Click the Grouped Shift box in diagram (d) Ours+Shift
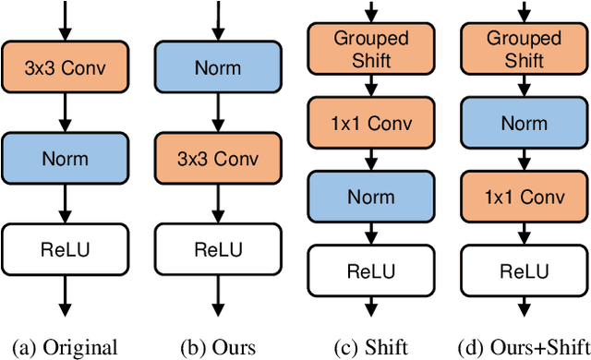[x=524, y=49]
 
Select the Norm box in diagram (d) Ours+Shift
[x=524, y=123]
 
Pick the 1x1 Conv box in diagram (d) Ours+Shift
[x=524, y=197]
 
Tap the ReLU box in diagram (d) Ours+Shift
[x=524, y=270]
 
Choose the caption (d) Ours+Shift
[x=524, y=348]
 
